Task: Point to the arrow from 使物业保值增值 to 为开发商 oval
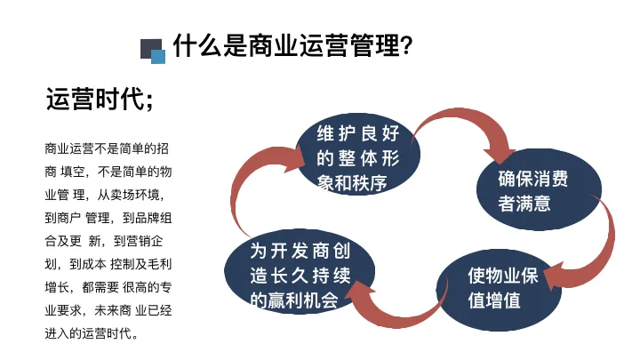tap(400, 307)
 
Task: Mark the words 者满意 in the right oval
tap(524, 204)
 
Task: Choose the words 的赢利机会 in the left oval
tap(294, 300)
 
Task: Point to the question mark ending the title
tap(405, 45)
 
